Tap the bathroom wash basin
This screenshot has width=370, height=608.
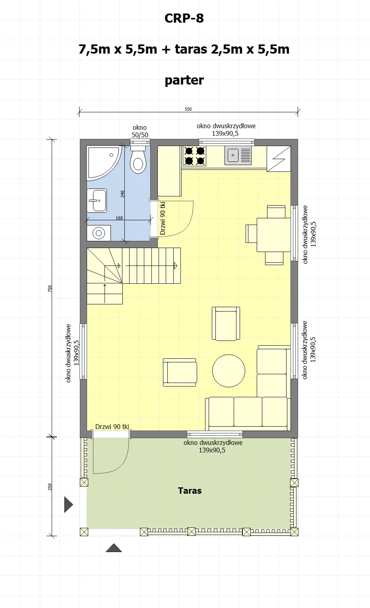(97, 200)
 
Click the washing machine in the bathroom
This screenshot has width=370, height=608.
(99, 233)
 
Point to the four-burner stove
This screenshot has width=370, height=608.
(194, 156)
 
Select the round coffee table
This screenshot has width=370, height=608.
(229, 371)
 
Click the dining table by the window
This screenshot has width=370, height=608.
(273, 235)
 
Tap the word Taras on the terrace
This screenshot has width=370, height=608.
(190, 491)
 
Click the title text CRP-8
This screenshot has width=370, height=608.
(184, 18)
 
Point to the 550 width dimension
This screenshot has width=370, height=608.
(188, 109)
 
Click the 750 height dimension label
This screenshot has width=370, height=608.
(50, 289)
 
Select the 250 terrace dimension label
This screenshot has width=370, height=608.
(50, 486)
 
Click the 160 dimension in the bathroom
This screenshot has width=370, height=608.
(119, 218)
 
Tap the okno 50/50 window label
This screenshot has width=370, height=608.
(139, 131)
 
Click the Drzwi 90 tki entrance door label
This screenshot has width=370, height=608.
(112, 427)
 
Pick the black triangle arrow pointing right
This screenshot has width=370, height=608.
(68, 504)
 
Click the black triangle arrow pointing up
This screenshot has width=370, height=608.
(114, 548)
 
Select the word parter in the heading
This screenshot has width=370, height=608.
(184, 80)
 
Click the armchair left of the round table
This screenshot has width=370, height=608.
(180, 372)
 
